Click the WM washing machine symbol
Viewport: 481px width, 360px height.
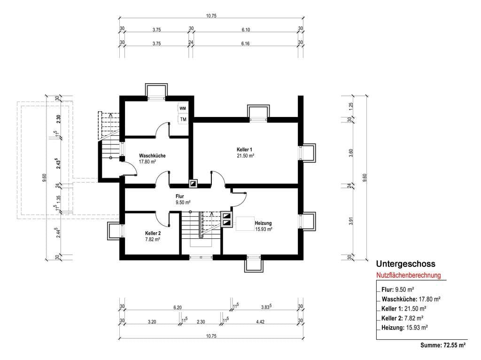[183, 109]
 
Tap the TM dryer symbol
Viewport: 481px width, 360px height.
[183, 119]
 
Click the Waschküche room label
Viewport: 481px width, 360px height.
[152, 156]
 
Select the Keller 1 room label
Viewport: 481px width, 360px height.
[244, 149]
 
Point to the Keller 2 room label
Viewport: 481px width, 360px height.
[153, 233]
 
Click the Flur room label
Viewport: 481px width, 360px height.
[180, 196]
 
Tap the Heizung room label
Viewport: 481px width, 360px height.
[263, 223]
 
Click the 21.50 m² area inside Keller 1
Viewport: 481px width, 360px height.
[245, 156]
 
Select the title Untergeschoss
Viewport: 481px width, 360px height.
[405, 264]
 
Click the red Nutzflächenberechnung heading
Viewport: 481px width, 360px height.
[408, 275]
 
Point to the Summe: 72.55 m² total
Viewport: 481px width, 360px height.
[443, 345]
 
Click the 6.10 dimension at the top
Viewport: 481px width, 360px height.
[246, 30]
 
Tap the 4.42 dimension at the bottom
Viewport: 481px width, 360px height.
[260, 321]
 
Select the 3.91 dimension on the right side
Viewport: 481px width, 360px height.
[351, 221]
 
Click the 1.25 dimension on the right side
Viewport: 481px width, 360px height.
[351, 106]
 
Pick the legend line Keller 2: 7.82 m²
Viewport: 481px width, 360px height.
[403, 318]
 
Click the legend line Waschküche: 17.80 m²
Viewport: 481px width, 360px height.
[411, 299]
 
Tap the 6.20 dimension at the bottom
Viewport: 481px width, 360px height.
[177, 307]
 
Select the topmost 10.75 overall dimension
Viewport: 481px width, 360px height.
[211, 16]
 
